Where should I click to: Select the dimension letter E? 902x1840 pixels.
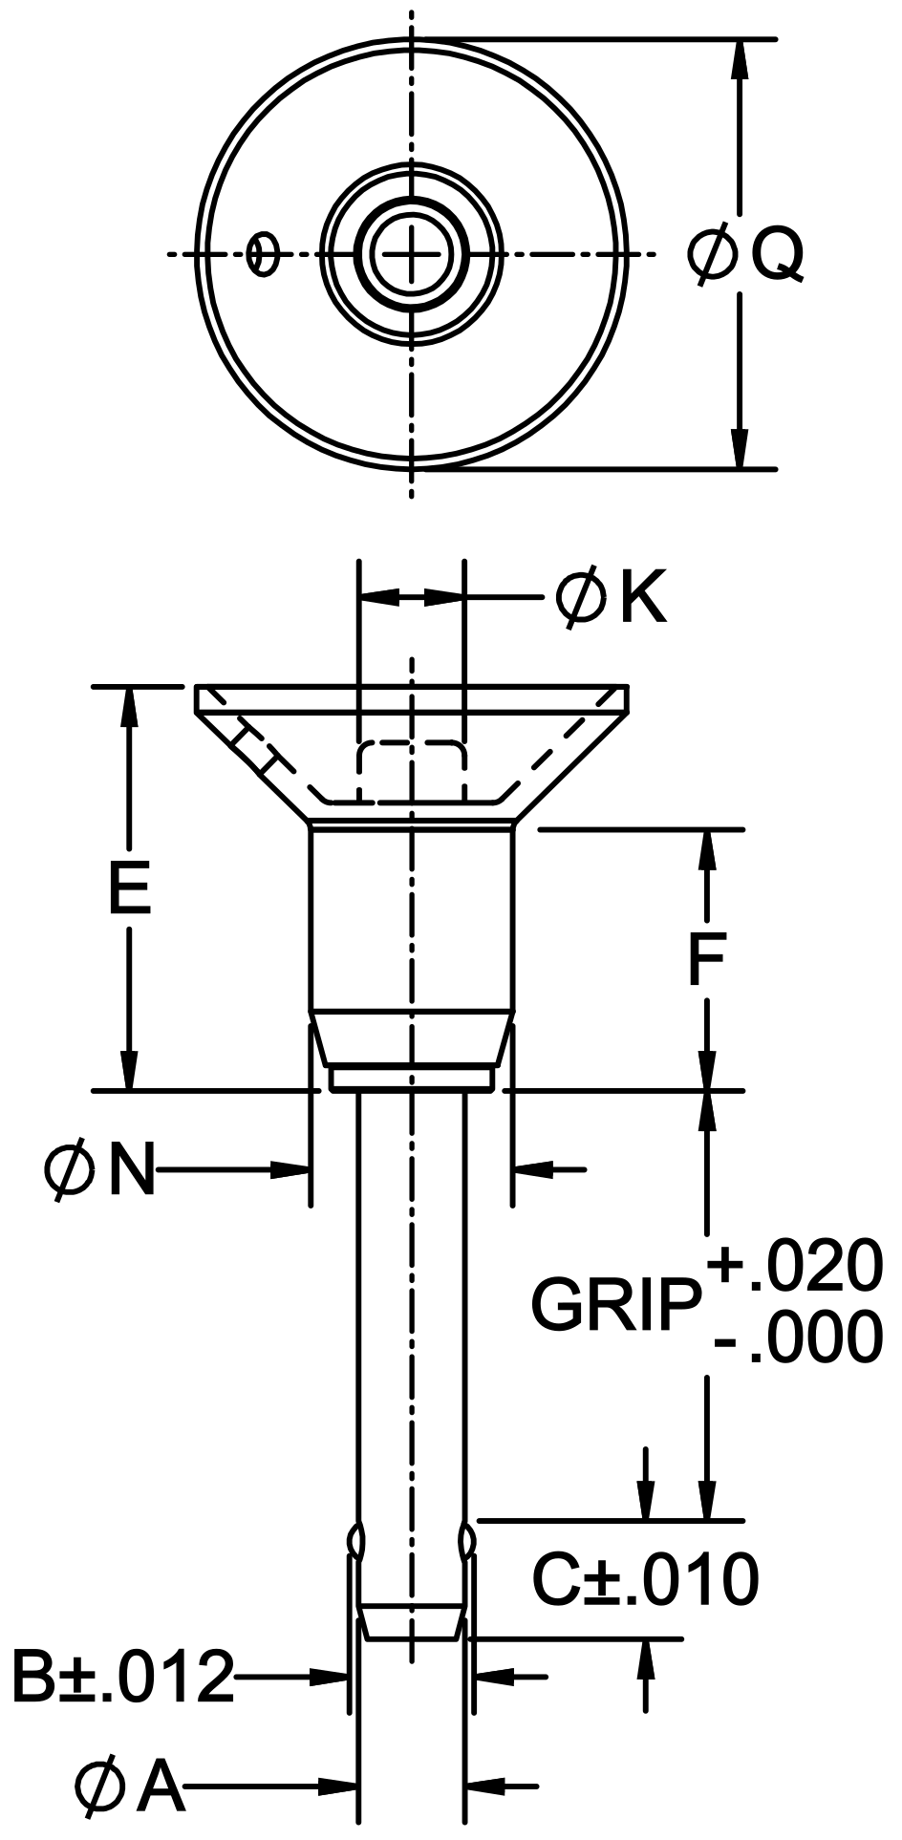tap(129, 888)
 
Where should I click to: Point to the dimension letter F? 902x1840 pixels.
tap(707, 960)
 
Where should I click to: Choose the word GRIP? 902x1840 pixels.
tap(614, 1304)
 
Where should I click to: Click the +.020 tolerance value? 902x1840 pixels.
tap(795, 1267)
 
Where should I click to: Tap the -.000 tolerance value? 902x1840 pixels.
tap(797, 1337)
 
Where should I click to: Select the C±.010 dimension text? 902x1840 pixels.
tap(645, 1578)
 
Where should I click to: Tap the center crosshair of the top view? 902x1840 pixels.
tap(412, 254)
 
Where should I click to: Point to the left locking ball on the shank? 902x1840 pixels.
tap(355, 1539)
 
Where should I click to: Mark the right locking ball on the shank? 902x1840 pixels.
tap(467, 1539)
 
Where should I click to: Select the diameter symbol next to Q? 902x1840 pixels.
tap(713, 254)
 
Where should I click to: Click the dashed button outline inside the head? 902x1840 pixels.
tap(411, 764)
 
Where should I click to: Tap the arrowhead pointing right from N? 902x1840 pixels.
tap(292, 1168)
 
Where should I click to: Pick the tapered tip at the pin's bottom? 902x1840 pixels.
tap(411, 1623)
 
